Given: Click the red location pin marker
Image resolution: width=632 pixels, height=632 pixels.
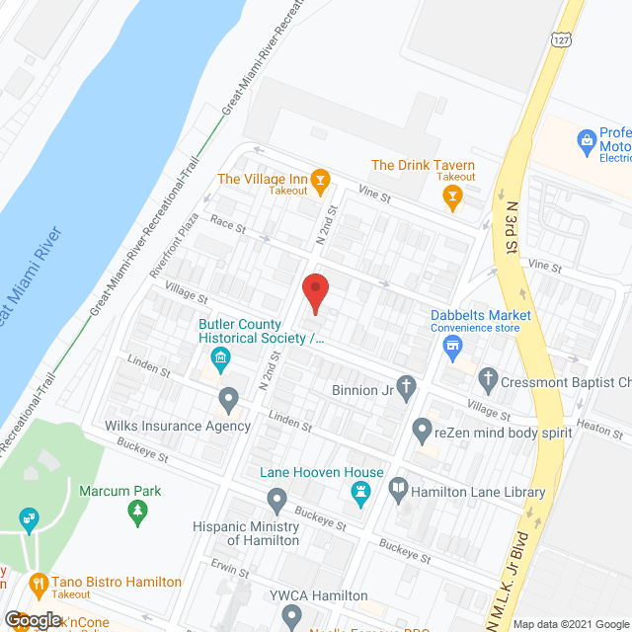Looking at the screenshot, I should [x=314, y=293].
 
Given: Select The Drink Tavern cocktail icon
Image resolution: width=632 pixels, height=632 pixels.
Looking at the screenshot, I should [x=452, y=197].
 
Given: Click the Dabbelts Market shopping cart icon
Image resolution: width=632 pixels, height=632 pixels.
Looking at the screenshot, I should [x=453, y=346].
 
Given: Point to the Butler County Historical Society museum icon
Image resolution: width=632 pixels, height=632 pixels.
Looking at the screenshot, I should [x=220, y=355].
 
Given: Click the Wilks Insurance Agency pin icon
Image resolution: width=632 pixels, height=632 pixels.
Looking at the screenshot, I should [x=229, y=400].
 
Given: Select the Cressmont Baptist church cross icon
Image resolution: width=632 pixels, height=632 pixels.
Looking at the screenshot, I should [x=487, y=377].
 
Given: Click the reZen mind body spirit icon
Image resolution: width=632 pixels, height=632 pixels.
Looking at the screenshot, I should [x=423, y=430].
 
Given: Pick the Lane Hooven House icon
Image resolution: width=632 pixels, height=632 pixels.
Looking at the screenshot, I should [x=361, y=492].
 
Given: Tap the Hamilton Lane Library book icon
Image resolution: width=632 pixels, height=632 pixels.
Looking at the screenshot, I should [x=399, y=487].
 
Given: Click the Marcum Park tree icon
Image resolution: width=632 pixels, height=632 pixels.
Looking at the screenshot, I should [x=138, y=511].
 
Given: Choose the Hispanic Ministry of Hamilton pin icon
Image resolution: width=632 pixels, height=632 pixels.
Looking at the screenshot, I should [x=277, y=499].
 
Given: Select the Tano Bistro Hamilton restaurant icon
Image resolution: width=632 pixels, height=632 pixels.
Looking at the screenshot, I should [x=39, y=583].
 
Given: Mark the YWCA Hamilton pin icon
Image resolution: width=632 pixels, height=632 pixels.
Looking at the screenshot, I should [x=291, y=616].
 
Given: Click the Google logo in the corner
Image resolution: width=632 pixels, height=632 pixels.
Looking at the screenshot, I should [x=33, y=619].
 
